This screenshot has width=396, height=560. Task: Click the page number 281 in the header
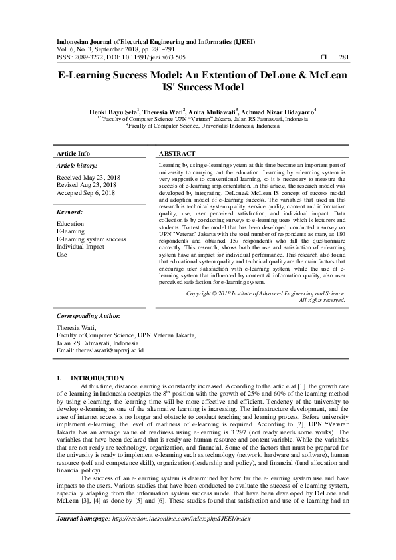click(x=344, y=57)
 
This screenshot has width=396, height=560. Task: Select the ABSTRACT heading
click(x=177, y=153)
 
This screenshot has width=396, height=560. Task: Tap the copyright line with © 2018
click(x=266, y=293)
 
